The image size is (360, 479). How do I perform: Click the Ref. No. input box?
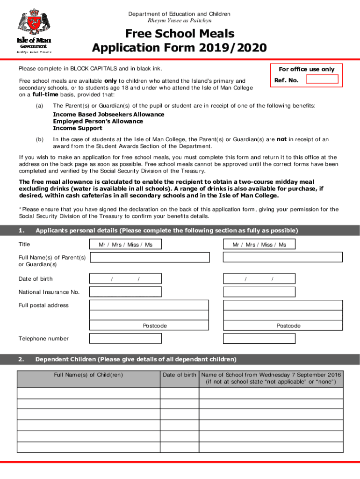click(x=322, y=79)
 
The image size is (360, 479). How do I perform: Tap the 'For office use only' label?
click(x=307, y=69)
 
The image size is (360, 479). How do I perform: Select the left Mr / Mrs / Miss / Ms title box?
click(x=125, y=245)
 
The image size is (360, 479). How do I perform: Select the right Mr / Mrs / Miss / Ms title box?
click(x=259, y=245)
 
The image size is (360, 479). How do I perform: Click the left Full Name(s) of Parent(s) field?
click(x=150, y=257)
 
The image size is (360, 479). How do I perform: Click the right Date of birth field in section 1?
click(x=259, y=279)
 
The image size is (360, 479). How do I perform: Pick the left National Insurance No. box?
click(x=125, y=292)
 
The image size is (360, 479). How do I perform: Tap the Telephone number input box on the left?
click(x=125, y=338)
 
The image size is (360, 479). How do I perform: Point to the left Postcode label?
click(x=155, y=326)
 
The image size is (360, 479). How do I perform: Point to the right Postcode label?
click(x=288, y=326)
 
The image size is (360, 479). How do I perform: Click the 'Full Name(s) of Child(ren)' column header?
click(x=88, y=375)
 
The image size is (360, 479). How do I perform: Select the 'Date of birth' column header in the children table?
click(x=180, y=375)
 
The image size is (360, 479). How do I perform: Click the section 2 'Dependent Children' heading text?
click(x=136, y=359)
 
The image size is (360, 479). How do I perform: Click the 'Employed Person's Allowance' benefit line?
click(x=98, y=121)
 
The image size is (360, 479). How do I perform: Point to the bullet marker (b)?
click(x=40, y=139)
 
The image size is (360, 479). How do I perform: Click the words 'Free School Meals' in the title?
click(x=180, y=34)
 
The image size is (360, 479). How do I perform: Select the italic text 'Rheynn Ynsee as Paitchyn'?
click(x=180, y=21)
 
